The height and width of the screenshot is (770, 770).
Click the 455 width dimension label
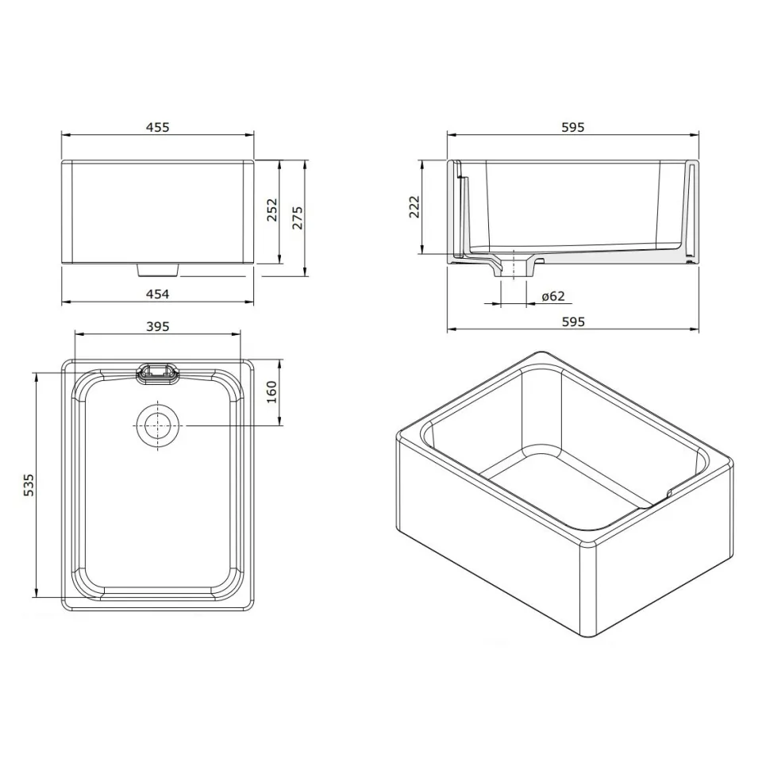(x=158, y=127)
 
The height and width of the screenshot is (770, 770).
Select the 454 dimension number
(x=158, y=295)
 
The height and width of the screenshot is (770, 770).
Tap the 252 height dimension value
(x=271, y=210)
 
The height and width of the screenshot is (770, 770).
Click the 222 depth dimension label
(x=414, y=206)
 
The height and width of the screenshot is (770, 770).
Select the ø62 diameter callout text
(x=553, y=296)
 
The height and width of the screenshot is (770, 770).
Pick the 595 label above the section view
(x=572, y=127)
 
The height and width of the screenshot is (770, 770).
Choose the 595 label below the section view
(x=572, y=321)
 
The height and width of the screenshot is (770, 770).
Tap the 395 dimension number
(x=158, y=326)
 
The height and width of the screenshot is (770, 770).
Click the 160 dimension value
(x=271, y=392)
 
